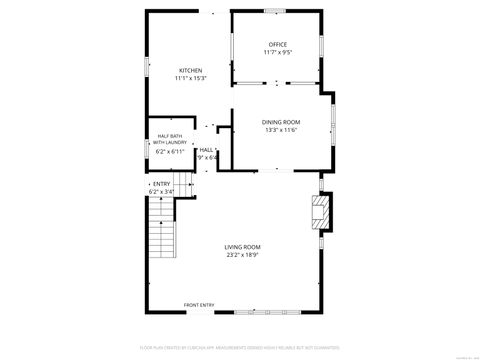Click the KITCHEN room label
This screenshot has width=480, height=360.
point(190,70)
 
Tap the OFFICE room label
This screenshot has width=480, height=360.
point(277,45)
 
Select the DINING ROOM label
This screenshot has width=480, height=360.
point(282,122)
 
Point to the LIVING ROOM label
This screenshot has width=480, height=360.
point(242,247)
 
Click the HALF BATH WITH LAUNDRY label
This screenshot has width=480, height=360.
point(168,140)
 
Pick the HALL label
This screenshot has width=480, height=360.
point(207,150)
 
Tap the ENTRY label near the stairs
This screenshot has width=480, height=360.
point(161,184)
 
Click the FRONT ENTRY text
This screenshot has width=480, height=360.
point(199,305)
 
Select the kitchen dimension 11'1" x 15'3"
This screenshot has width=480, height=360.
point(190,78)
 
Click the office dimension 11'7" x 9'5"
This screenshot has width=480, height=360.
point(277,53)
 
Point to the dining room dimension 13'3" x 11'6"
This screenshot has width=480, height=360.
point(282,130)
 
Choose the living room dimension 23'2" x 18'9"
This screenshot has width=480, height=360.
point(242,255)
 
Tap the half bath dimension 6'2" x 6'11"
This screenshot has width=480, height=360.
point(168,152)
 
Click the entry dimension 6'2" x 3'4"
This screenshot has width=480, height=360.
point(161,191)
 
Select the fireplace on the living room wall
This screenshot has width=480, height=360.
point(321,213)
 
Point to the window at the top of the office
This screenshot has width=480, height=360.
point(276,11)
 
